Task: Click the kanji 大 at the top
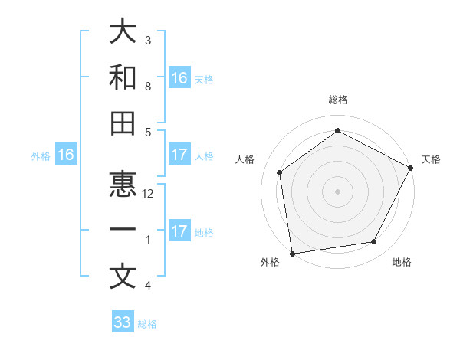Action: click(x=122, y=32)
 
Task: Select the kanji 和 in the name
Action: click(x=122, y=78)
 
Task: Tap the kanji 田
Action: click(x=122, y=124)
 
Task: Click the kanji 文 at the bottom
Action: click(x=122, y=277)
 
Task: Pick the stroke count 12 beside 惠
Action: click(x=148, y=194)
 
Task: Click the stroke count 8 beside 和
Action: click(x=148, y=86)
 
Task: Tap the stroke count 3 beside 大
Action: click(x=148, y=40)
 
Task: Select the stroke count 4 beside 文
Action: click(x=148, y=286)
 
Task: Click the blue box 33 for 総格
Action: click(x=122, y=322)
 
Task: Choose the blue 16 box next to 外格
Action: click(x=66, y=155)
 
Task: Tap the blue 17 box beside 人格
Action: click(x=179, y=155)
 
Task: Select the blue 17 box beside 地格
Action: click(x=179, y=231)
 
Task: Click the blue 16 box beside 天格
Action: click(x=179, y=77)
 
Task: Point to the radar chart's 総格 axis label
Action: click(x=337, y=100)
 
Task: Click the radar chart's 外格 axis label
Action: click(x=270, y=262)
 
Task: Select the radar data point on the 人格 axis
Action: click(x=280, y=172)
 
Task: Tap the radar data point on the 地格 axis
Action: click(x=374, y=242)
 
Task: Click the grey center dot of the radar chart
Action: click(x=337, y=191)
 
